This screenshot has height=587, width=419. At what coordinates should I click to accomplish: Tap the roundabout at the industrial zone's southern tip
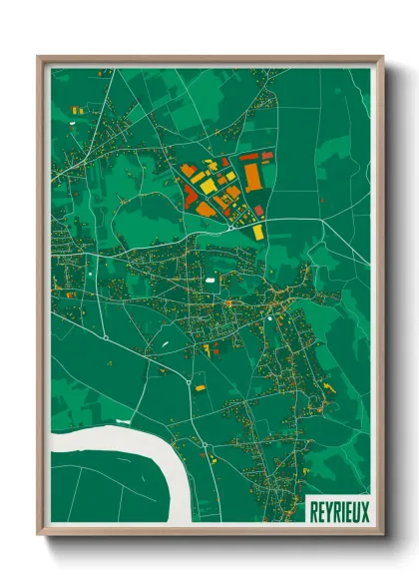tap(231, 228)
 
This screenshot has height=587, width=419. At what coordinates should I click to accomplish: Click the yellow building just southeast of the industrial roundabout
tap(257, 232)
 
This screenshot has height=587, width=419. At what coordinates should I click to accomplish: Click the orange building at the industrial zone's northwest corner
tap(188, 170)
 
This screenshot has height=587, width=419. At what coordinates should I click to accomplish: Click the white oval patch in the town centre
tap(210, 281)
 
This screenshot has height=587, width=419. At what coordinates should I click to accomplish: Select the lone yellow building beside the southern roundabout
tap(200, 385)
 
